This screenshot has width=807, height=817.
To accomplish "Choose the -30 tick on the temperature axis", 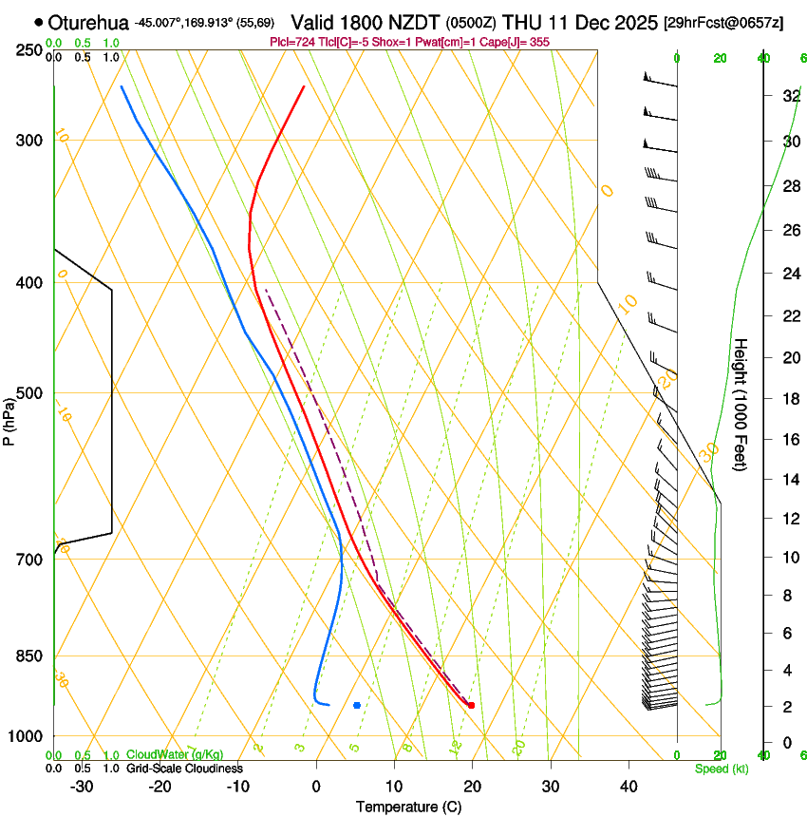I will (82, 787).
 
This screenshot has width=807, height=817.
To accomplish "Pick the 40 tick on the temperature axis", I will (628, 787).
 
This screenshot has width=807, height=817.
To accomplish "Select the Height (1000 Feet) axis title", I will (741, 404).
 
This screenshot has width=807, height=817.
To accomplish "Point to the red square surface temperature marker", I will (471, 705).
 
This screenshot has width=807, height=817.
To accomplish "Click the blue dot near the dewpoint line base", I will (357, 705).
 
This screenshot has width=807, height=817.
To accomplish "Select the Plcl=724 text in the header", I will (291, 42).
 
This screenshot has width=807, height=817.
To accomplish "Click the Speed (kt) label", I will (721, 769).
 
